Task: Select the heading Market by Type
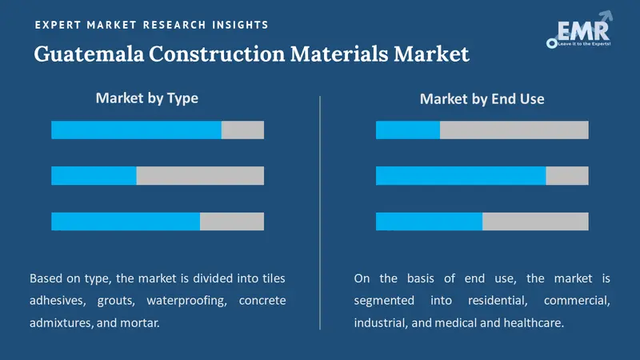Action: point(146,98)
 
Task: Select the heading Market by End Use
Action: point(482,99)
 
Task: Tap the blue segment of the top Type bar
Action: point(136,130)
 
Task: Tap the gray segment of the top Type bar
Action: point(242,130)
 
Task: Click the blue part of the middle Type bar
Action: point(94,175)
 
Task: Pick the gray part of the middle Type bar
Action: point(200,175)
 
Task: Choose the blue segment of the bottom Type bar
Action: point(126,221)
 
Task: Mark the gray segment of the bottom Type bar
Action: point(232,221)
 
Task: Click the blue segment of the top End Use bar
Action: point(408,130)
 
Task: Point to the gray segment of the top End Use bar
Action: point(514,130)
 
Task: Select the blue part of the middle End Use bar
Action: point(461,175)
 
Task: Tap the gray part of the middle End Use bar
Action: point(567,175)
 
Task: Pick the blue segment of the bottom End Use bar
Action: point(429,221)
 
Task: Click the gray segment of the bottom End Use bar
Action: point(535,221)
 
